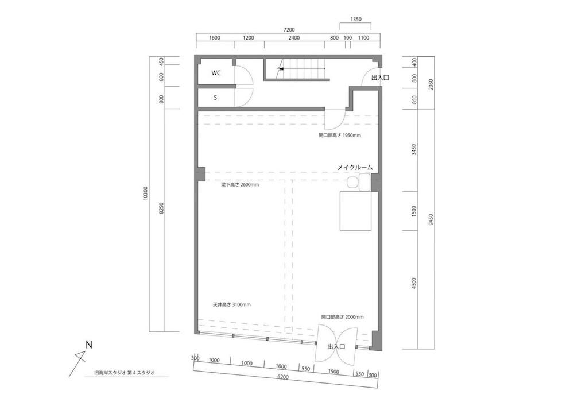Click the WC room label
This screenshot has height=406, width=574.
pos(216,73)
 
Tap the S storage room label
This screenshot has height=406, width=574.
pos(215,98)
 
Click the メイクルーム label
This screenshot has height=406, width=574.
pos(355,167)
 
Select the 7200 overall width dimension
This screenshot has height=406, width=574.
pos(289,30)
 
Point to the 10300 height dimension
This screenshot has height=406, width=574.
pos(145,194)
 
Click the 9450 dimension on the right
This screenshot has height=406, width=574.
pos(430,221)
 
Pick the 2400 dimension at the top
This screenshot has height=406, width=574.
pos(294,38)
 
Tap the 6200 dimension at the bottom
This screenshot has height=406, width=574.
pos(283,377)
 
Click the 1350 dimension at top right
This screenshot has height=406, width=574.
pos(356,19)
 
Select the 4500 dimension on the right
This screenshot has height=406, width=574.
pos(414,283)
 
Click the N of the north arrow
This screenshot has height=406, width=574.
pos(89,345)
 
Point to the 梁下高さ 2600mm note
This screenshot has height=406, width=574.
pos(240,185)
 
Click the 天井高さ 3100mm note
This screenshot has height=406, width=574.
pos(232,304)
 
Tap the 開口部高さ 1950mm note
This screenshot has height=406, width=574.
pos(340,135)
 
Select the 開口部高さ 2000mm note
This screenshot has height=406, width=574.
pos(343,317)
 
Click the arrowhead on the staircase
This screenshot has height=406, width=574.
pos(281,68)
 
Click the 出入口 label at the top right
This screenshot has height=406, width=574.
pos(380,78)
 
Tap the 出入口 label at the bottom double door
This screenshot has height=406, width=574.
pos(336,346)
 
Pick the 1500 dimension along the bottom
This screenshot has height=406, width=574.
pos(333,371)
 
